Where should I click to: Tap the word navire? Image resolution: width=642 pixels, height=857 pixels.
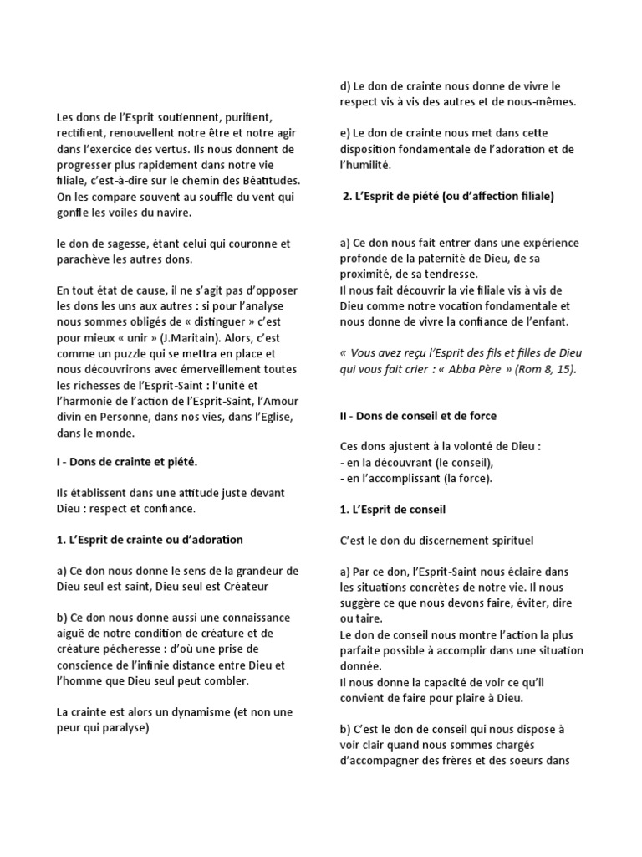coord(171,213)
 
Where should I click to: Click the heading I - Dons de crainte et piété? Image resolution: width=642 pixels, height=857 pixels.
coord(126,462)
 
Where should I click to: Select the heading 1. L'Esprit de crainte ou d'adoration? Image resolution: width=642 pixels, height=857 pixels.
coord(150,540)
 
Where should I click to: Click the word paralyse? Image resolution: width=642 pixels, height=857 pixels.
coord(119,728)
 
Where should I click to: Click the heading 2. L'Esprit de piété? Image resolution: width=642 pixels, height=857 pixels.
coord(450,197)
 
